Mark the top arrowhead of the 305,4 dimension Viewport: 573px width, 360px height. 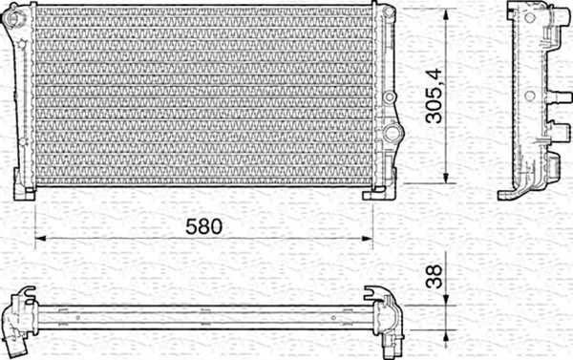(x=446, y=11)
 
